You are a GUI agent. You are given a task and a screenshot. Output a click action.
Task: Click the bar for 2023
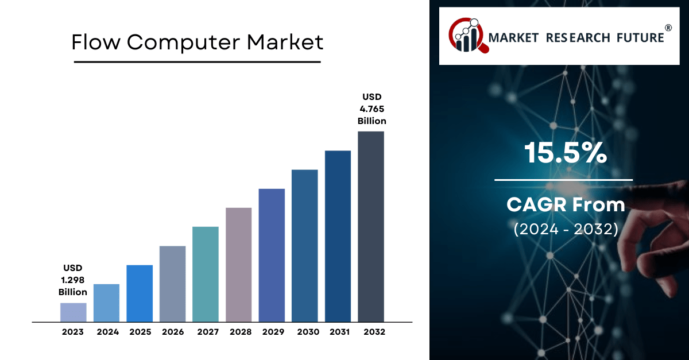point(73,312)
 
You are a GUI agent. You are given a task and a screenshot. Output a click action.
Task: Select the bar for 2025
point(140,293)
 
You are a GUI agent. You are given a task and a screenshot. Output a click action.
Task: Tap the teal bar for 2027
point(206,274)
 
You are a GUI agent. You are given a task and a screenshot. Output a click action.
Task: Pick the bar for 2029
point(272,256)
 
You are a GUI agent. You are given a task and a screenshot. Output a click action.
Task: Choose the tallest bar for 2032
point(371,227)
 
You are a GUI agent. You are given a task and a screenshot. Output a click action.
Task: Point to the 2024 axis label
point(108,332)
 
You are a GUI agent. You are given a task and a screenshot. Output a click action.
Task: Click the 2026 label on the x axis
point(173,332)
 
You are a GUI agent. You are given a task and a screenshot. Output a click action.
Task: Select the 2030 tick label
point(308,332)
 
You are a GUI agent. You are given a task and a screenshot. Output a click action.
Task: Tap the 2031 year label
point(339,332)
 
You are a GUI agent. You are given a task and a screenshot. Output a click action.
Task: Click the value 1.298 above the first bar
point(72,280)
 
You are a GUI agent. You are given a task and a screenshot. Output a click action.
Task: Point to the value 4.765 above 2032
point(372,109)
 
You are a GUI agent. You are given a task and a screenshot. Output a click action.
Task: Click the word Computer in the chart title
point(183,42)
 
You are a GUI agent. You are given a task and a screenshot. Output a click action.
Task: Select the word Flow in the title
point(96,42)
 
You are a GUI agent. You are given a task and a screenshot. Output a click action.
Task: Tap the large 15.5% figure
point(566,153)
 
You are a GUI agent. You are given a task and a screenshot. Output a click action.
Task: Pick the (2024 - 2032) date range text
point(566,229)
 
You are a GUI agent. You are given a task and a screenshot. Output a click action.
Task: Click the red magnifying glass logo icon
point(468,36)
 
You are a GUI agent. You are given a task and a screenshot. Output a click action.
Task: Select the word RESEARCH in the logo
point(578,38)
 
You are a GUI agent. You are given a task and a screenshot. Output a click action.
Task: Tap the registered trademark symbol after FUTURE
point(668,28)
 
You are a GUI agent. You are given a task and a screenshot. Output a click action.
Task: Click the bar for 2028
point(239,265)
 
